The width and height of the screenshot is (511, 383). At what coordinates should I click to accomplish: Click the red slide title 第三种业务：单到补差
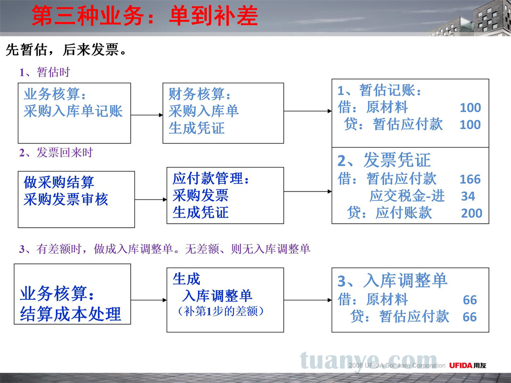tap(145, 16)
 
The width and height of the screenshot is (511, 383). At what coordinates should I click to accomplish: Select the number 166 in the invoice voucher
tap(470, 179)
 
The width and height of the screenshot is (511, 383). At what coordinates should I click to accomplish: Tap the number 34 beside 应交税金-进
tap(468, 196)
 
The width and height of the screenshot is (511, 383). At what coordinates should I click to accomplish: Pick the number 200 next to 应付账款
tap(471, 213)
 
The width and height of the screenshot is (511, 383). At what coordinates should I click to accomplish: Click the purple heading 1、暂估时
tap(44, 72)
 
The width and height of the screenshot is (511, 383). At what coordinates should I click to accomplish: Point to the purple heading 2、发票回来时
tap(56, 152)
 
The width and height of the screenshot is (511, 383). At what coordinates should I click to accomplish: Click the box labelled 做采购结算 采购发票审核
tap(76, 199)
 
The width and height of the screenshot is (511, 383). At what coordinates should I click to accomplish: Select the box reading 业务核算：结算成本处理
tap(73, 294)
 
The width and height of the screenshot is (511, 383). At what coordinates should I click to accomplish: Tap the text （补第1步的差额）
tap(221, 312)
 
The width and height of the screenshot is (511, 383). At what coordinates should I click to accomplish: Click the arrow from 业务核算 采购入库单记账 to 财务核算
tap(147, 115)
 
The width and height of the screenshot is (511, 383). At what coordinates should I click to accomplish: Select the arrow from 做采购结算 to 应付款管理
tap(151, 199)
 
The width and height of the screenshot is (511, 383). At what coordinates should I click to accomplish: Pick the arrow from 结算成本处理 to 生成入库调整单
tap(149, 300)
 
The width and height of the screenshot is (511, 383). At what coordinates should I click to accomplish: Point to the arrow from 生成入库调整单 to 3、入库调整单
tap(308, 300)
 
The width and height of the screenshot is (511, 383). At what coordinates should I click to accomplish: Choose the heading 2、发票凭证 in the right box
tap(384, 160)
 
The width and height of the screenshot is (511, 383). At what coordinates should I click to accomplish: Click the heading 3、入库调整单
tap(392, 280)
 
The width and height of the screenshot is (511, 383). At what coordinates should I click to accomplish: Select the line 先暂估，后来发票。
tap(66, 50)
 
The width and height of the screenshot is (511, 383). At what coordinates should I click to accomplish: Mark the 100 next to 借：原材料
tap(470, 107)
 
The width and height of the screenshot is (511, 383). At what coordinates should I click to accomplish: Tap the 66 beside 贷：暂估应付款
tap(470, 317)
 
